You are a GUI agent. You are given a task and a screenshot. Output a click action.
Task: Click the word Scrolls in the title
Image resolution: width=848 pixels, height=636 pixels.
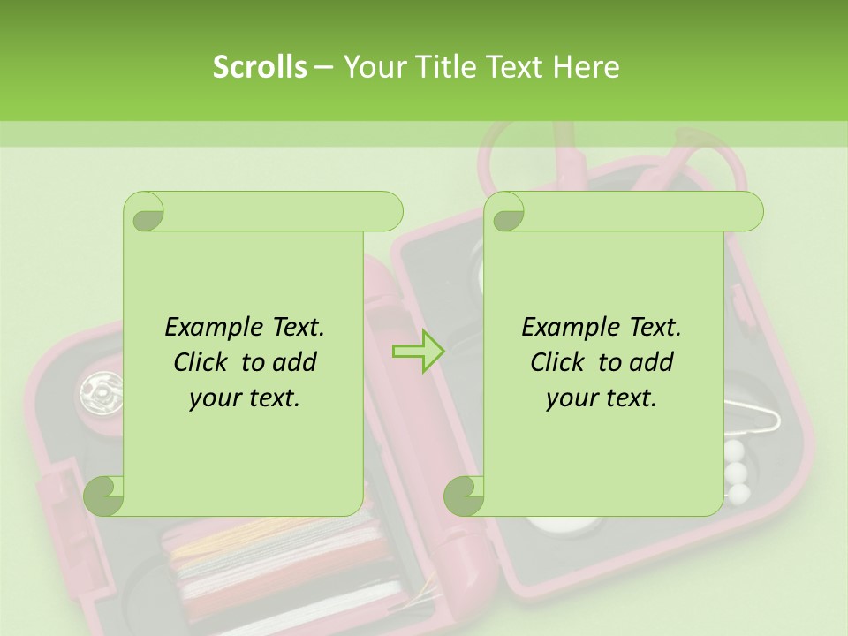(x=260, y=67)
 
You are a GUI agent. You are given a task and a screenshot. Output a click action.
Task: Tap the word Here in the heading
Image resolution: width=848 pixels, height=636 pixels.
(x=587, y=67)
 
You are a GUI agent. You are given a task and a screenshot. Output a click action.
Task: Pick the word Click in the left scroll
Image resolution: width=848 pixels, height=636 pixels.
(x=202, y=362)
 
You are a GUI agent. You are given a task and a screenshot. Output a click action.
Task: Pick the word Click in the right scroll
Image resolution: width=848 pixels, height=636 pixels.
(x=559, y=362)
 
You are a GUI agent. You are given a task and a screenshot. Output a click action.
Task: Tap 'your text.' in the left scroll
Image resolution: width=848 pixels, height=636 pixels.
(x=245, y=398)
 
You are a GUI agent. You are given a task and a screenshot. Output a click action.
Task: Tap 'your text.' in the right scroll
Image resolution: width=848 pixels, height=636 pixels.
(x=602, y=398)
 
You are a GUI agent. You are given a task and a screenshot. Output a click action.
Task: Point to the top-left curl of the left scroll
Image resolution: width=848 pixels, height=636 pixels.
(x=145, y=212)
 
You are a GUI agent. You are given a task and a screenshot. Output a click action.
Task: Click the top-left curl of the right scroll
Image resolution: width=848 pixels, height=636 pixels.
(x=505, y=212)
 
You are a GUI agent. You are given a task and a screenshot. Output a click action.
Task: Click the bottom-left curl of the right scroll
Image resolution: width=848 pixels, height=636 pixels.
(x=465, y=496)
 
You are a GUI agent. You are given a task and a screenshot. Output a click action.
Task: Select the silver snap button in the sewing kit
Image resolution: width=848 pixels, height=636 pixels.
(x=98, y=390)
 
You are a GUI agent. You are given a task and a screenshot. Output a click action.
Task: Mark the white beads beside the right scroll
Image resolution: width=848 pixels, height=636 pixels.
(x=737, y=473)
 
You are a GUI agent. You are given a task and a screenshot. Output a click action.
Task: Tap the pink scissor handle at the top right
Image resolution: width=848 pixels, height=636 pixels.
(x=698, y=159)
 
